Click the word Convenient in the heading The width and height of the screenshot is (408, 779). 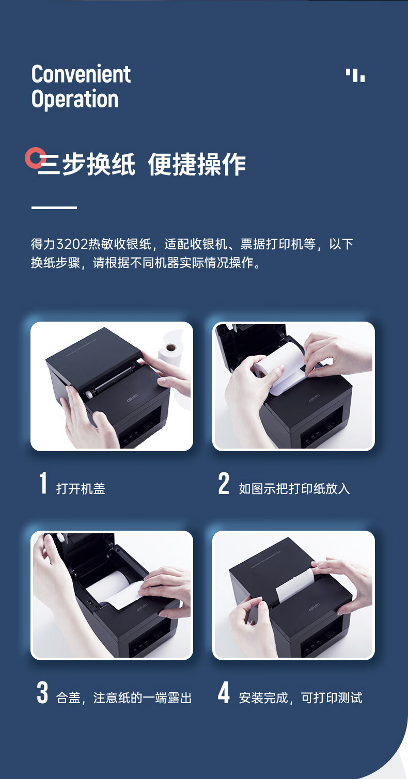(x=81, y=74)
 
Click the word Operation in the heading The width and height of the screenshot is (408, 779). (x=75, y=99)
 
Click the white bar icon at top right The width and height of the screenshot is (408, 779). (x=355, y=75)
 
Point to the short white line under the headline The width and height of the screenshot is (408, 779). (x=54, y=208)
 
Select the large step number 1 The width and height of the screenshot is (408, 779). (x=43, y=483)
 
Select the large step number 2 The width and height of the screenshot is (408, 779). (x=224, y=483)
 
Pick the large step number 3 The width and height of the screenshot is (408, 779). (x=42, y=692)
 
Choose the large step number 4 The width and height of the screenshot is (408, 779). (x=224, y=692)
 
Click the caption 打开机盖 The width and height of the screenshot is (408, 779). (x=81, y=488)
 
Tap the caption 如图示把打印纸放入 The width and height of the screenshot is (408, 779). (x=294, y=488)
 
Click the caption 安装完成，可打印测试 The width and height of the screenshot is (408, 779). (x=301, y=698)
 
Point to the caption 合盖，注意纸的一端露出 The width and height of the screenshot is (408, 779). (x=124, y=698)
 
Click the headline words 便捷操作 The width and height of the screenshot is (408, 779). (x=197, y=165)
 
